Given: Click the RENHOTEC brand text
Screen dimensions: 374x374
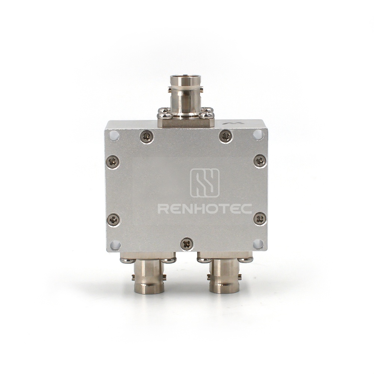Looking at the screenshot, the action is click(205, 209).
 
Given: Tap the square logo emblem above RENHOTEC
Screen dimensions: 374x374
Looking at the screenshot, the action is click(205, 183).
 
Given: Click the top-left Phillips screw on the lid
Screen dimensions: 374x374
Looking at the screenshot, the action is click(147, 137).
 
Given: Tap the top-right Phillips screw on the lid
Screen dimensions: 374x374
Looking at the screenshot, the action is click(226, 137).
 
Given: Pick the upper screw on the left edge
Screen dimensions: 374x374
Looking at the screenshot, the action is click(113, 162).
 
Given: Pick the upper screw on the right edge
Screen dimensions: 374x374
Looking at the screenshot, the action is click(260, 161).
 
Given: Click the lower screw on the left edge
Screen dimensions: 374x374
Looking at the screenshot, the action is click(113, 220).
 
